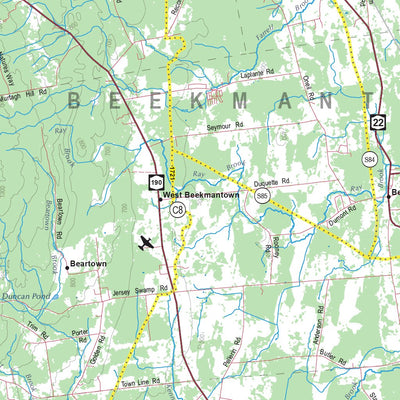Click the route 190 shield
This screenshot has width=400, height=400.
coord(157,182)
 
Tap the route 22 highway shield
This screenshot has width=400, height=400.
coord(377,121)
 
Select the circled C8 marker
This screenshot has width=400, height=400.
coord(177,209)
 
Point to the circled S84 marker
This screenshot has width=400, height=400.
coord(369,159)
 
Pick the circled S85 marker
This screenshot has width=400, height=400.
coord(262,197)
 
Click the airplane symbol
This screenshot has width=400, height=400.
coord(147,242)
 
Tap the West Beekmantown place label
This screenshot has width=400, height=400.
coord(201,195)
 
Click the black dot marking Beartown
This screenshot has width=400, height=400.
coord(67,266)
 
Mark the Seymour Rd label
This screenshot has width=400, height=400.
coord(225,127)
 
